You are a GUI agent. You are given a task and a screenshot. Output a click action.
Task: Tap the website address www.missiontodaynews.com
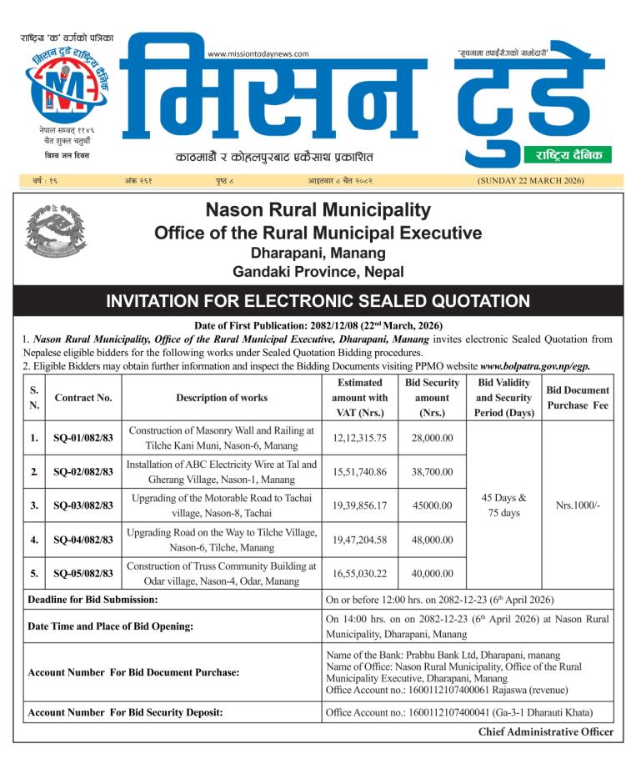(258, 54)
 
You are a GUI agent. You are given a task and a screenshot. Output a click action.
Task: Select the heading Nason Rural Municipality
(318, 210)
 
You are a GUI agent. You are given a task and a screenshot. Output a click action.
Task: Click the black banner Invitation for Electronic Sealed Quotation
(318, 301)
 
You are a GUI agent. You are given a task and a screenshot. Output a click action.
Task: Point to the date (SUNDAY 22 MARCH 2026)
(530, 180)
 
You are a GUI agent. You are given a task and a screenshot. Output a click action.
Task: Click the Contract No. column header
(83, 398)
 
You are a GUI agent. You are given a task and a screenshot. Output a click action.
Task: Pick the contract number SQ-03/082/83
(83, 505)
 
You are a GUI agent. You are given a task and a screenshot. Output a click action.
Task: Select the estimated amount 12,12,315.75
(359, 437)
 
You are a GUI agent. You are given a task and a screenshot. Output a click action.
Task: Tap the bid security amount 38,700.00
(432, 471)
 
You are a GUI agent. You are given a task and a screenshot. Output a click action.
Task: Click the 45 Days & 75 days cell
(503, 505)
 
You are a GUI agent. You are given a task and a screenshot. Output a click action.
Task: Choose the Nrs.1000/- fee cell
(578, 505)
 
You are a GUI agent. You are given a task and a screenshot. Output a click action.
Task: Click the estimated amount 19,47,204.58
(359, 540)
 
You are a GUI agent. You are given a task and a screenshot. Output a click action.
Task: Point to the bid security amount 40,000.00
(432, 573)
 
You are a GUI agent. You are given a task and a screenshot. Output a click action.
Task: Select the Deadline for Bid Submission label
(93, 600)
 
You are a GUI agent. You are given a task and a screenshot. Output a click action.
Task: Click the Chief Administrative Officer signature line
(545, 731)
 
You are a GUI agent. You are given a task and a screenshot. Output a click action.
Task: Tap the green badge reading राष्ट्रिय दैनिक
(568, 155)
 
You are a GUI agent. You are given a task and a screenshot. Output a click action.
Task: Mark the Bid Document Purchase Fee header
(578, 398)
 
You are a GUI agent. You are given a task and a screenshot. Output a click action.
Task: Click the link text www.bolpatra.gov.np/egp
(546, 366)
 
